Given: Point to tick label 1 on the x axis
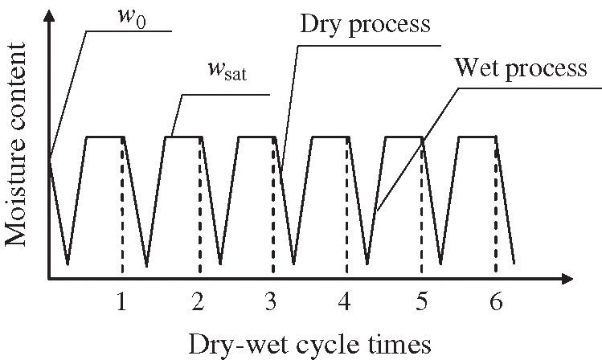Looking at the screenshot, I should pos(121,302).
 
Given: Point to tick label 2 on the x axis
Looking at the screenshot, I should pos(198,302).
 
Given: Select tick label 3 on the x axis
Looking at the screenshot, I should pos(272,302).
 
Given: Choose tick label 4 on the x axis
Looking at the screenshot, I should pos(346,302).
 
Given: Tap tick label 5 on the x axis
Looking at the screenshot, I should pos(420,302).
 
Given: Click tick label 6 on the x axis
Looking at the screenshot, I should pos(494,302).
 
